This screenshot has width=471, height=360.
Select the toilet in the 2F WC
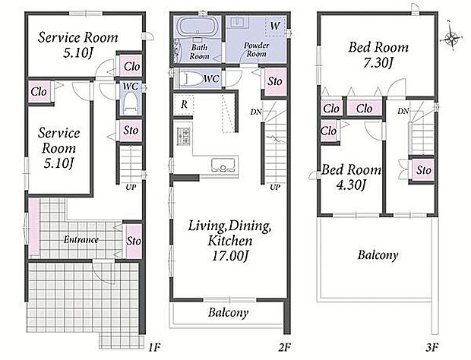tap(191, 79)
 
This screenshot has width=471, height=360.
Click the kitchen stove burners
tap(184, 135)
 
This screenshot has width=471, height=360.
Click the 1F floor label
tap(154, 348)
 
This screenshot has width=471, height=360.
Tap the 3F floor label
tap(431, 347)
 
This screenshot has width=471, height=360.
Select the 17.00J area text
tap(230, 257)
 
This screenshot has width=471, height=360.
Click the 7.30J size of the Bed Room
tap(378, 63)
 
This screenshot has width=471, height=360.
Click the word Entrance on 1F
tap(81, 239)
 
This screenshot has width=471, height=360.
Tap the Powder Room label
tap(256, 49)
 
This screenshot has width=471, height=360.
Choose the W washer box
tap(275, 27)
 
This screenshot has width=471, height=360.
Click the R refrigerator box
tap(184, 104)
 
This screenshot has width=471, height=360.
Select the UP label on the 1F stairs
tap(131, 188)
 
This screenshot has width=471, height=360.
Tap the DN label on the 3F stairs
tap(403, 112)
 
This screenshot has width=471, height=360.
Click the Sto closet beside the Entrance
tap(134, 241)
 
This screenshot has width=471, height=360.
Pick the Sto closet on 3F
tap(424, 170)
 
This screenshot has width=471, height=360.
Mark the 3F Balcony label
tap(378, 255)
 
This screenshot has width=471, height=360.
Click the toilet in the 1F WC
tap(131, 102)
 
